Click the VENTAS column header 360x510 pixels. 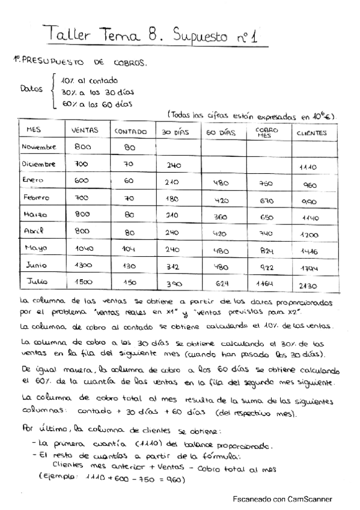point(84,131)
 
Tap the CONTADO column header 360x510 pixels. point(129,132)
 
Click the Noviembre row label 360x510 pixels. point(38,146)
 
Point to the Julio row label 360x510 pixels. point(37,281)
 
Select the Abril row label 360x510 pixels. point(35,230)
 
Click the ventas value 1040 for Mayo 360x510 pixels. point(85,248)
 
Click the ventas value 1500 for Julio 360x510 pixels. point(85,281)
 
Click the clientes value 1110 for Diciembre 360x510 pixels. point(308,168)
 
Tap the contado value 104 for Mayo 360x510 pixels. point(129,248)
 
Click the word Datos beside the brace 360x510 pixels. point(31,89)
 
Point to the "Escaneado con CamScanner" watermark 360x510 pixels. point(282,499)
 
